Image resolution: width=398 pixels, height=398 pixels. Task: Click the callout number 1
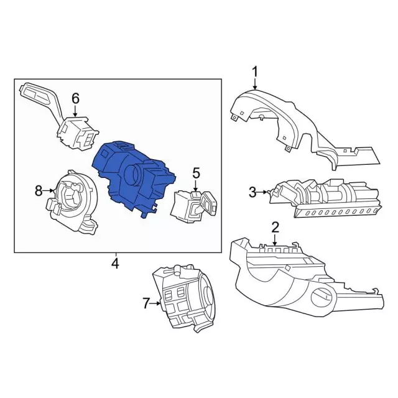[x=254, y=72]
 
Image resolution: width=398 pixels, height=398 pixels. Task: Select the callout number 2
[x=275, y=228]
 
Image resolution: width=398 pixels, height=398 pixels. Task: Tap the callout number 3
[x=252, y=192]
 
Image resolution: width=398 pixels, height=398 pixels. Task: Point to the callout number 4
[x=115, y=264]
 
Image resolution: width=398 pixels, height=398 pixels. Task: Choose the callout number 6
[x=75, y=98]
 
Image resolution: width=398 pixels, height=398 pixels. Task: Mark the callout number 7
[x=146, y=303]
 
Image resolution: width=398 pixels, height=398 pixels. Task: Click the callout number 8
[x=39, y=191]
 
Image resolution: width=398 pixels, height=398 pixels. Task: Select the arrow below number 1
[x=254, y=84]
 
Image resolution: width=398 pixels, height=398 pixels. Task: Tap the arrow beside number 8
[x=49, y=191]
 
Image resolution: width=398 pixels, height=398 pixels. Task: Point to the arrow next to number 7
[x=155, y=303]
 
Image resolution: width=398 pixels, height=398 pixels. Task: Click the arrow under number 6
[x=75, y=111]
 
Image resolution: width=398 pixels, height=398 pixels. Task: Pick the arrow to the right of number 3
[x=262, y=192]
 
